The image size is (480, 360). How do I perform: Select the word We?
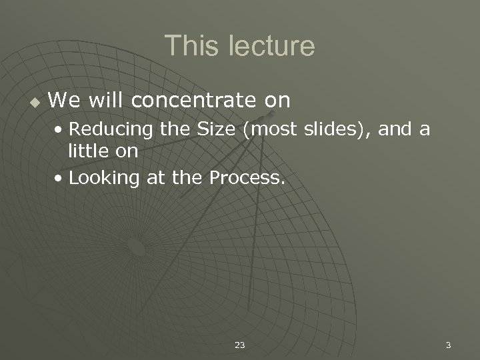[62, 101]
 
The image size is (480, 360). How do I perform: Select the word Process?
[247, 178]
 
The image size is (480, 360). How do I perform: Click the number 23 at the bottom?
[240, 345]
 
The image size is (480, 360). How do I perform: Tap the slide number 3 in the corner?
[448, 345]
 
